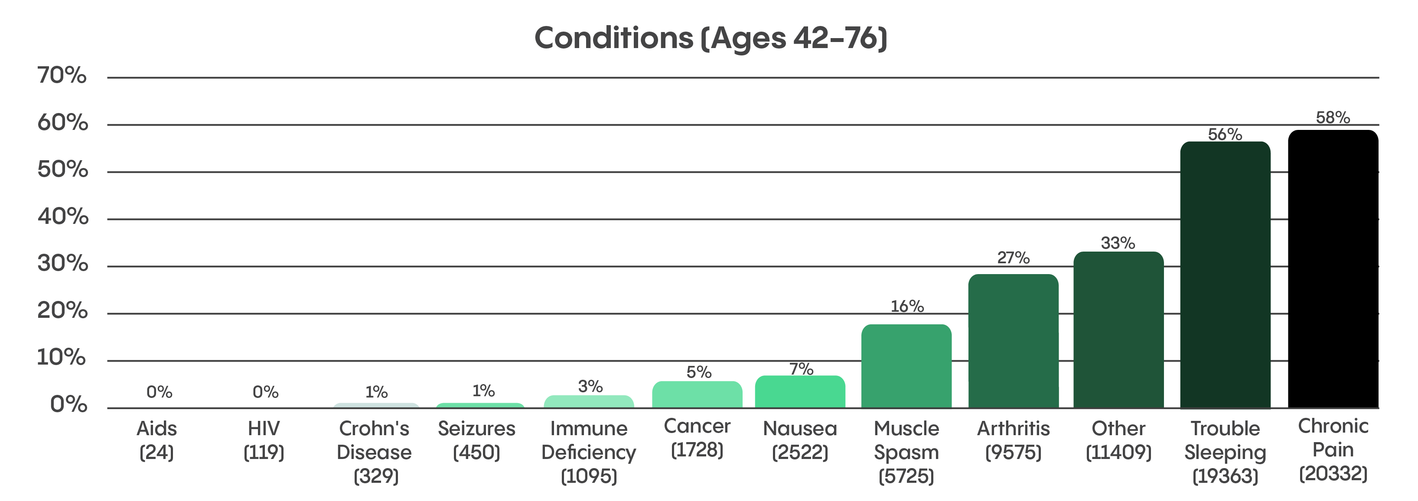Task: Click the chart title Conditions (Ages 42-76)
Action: [x=710, y=38]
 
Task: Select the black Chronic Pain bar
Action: [x=1333, y=269]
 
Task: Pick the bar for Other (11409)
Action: [x=1118, y=330]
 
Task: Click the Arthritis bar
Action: [x=1013, y=341]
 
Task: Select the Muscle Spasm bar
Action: [x=906, y=366]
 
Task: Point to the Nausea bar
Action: [x=800, y=391]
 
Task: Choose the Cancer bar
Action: [x=697, y=394]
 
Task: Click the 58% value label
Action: [x=1333, y=118]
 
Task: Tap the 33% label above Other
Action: [x=1118, y=243]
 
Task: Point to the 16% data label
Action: [x=906, y=306]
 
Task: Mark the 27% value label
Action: [x=1013, y=257]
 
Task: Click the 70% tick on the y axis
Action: [x=62, y=75]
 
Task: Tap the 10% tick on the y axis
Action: [x=62, y=358]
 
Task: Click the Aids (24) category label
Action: [x=157, y=440]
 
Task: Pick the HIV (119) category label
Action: [x=264, y=440]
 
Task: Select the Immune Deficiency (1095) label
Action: [x=588, y=452]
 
